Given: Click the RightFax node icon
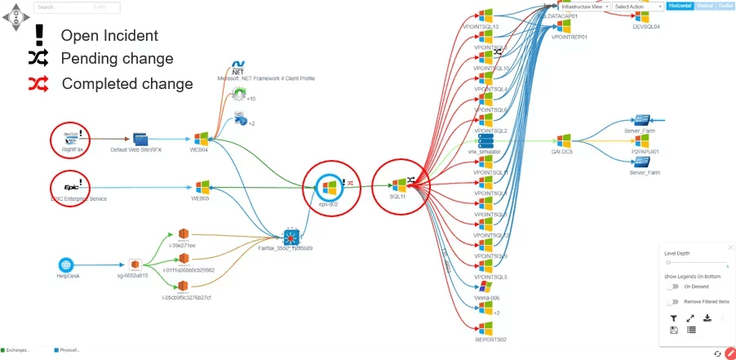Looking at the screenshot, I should tap(71, 139).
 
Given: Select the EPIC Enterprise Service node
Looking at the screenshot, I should tap(71, 185).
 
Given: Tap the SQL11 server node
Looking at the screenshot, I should tap(399, 185).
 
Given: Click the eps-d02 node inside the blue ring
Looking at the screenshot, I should tap(329, 189).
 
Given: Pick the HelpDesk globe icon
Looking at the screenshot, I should tap(67, 264).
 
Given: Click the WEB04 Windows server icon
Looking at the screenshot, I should tap(201, 139).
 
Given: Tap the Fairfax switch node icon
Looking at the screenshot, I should tap(286, 237).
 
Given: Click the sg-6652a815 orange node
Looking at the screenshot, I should tap(135, 264).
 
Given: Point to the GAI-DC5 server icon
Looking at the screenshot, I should tap(562, 140).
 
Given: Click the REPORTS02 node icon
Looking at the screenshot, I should tap(486, 328).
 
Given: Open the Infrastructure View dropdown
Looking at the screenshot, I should tap(584, 7).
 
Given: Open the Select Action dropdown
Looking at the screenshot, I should tap(637, 7).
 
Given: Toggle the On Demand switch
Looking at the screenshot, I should tap(673, 287).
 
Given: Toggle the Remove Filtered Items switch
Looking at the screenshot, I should tap(673, 302).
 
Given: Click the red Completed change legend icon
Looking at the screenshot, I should tap(38, 83).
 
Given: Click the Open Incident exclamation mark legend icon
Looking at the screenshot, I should tap(39, 35).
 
